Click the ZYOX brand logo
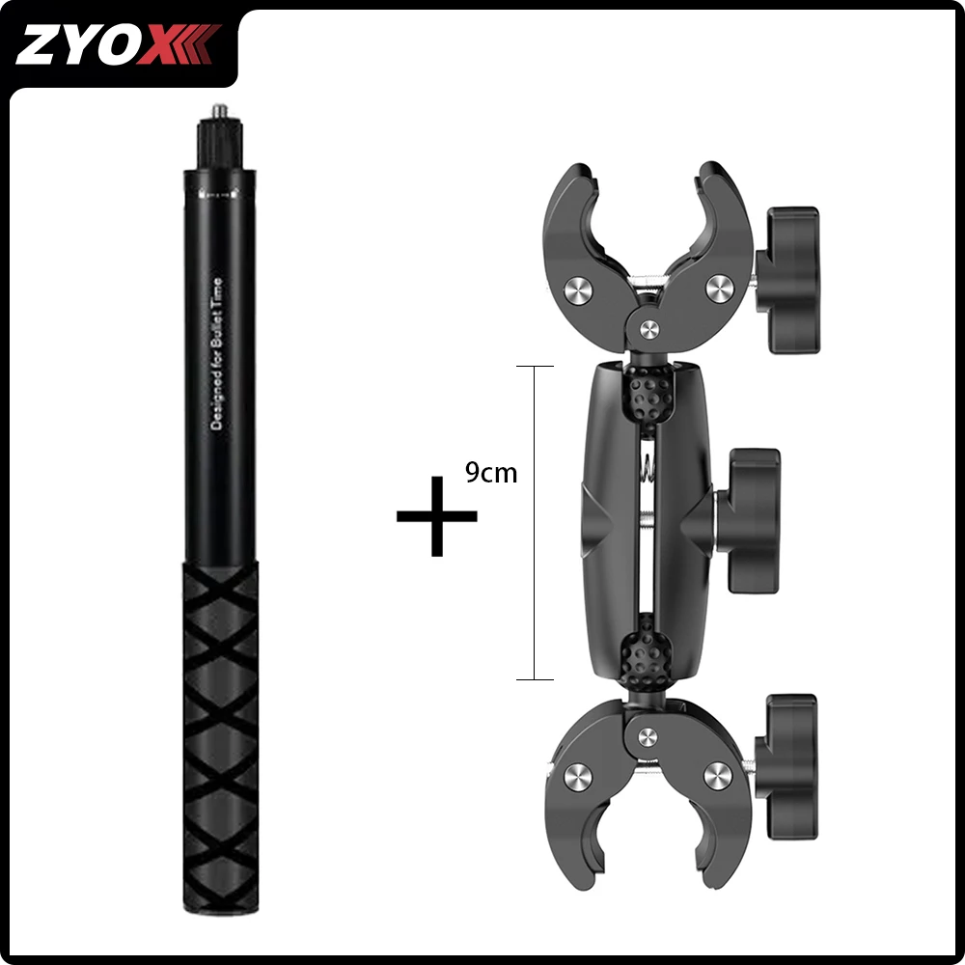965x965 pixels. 118,44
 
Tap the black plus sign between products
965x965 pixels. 436,515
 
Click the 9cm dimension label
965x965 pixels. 490,472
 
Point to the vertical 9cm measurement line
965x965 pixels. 535,522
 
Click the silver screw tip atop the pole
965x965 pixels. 219,111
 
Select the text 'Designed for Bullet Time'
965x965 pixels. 216,354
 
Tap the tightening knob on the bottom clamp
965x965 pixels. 787,767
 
